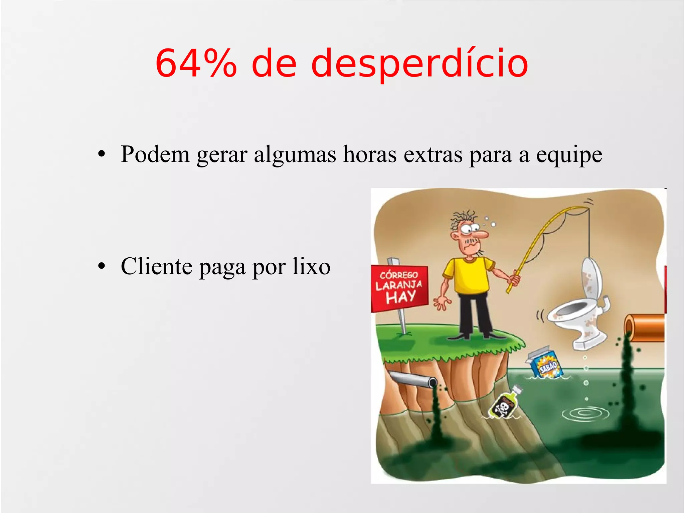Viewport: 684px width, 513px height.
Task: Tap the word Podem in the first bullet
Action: (155, 154)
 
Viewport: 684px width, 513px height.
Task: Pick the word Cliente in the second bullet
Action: (156, 266)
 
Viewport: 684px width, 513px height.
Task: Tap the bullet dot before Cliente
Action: (102, 266)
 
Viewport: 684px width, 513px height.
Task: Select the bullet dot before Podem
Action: (102, 154)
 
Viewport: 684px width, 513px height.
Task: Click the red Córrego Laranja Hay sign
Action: (399, 288)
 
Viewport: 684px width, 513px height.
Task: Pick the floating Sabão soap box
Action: (546, 363)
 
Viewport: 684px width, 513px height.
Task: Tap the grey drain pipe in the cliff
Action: (414, 379)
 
